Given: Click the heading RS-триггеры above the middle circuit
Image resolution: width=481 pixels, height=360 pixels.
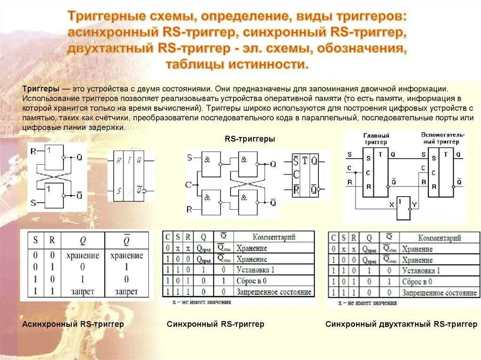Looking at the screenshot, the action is point(249,139).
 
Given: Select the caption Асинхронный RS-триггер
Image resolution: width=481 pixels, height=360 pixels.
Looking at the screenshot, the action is point(73,324).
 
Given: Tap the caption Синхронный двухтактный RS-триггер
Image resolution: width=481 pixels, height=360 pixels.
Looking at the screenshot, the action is point(401,324).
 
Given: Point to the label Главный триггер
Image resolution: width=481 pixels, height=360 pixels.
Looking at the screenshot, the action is point(376,138).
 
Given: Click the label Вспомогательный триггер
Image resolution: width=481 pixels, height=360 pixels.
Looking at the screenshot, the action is point(442,138).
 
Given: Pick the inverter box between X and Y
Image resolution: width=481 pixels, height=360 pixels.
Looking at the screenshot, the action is point(403,208).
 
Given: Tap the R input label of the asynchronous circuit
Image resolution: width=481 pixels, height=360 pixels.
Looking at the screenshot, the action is point(32,151).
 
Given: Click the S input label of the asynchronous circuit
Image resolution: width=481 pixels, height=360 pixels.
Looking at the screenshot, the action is point(33,203).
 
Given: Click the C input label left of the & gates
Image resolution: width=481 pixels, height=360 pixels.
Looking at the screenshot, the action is point(188,184).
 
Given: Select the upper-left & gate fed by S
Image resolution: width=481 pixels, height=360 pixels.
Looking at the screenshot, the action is point(210,164).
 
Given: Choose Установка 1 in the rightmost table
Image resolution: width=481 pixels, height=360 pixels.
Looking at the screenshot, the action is point(421,271).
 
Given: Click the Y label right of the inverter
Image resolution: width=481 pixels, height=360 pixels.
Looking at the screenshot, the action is point(414,205).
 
